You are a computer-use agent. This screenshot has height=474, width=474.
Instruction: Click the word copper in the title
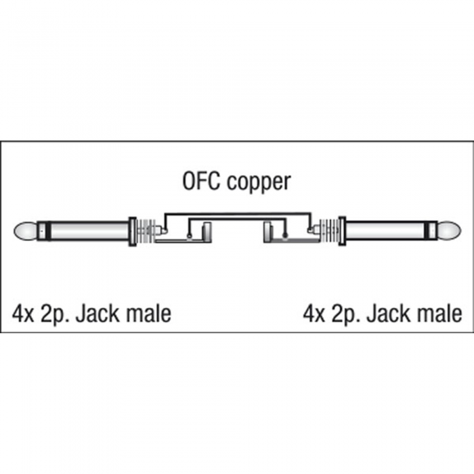259,183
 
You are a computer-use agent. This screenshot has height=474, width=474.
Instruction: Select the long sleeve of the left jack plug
89,232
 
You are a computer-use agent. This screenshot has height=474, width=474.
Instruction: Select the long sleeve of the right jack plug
385,232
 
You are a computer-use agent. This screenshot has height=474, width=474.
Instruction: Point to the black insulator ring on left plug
48,232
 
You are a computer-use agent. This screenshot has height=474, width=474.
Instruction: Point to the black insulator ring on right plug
427,232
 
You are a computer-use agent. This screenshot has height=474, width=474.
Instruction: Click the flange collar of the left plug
132,232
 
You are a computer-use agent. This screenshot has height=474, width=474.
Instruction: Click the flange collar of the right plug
342,232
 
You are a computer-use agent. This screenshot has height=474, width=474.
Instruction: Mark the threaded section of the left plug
146,232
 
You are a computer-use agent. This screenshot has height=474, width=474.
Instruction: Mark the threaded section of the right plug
329,232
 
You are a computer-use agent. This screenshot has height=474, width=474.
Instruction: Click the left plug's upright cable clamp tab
207,232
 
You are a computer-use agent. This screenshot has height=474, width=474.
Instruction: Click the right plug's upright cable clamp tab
267,232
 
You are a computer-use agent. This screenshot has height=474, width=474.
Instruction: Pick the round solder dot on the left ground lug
189,237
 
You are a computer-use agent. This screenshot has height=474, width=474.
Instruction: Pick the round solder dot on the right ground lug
285,237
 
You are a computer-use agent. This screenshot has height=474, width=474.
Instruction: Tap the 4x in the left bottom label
23,314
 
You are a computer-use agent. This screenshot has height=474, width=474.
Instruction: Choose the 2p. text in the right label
347,316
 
